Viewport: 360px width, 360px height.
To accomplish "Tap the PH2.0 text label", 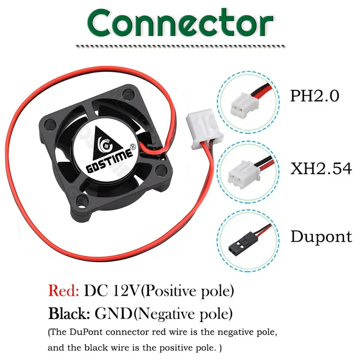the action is (x=314, y=96).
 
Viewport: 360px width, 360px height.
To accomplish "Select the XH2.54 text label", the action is (x=320, y=168).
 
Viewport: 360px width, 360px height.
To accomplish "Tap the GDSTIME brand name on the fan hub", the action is (x=107, y=167).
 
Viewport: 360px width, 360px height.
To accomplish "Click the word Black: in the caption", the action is (x=69, y=311).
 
